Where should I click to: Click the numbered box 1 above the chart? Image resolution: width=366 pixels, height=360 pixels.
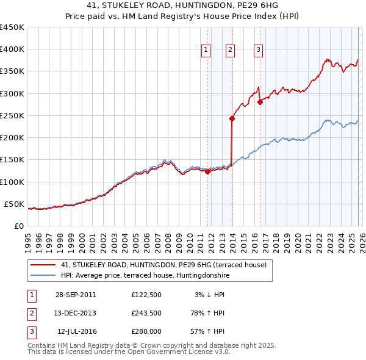click(x=206, y=50)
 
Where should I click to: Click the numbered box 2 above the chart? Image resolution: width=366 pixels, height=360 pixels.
click(x=230, y=50)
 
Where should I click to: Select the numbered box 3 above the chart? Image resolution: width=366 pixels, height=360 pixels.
click(x=258, y=50)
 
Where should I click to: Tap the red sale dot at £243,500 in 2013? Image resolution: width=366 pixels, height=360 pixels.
click(x=232, y=119)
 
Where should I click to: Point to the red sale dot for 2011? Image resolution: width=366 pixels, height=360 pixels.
click(x=207, y=172)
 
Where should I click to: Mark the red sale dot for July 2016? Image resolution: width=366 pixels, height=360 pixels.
click(x=260, y=103)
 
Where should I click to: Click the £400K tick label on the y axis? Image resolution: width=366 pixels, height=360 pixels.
click(x=12, y=49)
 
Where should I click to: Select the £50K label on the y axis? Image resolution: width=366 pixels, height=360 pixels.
click(x=14, y=204)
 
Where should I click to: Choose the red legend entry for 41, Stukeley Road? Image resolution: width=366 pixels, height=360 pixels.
click(x=163, y=265)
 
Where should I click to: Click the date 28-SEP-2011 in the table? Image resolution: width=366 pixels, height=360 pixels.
click(x=75, y=295)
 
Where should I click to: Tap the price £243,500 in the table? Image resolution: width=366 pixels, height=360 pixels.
click(x=146, y=313)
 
